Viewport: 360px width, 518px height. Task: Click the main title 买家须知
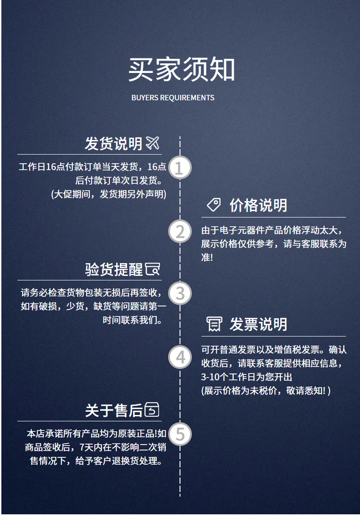[181, 69]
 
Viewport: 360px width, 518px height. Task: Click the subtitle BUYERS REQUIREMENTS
[173, 98]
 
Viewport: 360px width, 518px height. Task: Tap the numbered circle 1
[180, 167]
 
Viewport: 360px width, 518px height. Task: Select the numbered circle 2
[180, 231]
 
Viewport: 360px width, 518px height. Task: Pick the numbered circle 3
[180, 293]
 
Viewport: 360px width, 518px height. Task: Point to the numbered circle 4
[180, 357]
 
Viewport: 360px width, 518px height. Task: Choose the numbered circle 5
[180, 434]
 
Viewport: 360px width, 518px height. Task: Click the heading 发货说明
[113, 144]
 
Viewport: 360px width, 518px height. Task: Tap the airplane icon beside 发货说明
[153, 143]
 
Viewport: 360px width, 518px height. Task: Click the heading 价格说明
[258, 206]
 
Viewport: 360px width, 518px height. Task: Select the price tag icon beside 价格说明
[214, 205]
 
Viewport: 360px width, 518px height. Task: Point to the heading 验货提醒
[113, 269]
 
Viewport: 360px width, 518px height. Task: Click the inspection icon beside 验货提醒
[153, 269]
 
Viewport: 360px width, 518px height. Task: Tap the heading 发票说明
[258, 324]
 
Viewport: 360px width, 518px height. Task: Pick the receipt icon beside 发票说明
[214, 324]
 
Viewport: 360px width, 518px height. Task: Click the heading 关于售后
[113, 411]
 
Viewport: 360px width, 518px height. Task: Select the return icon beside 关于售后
[152, 409]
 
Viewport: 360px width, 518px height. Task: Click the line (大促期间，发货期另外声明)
[108, 194]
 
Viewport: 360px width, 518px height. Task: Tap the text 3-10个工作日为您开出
[247, 377]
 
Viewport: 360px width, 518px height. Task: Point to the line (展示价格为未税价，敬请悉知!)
[266, 390]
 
